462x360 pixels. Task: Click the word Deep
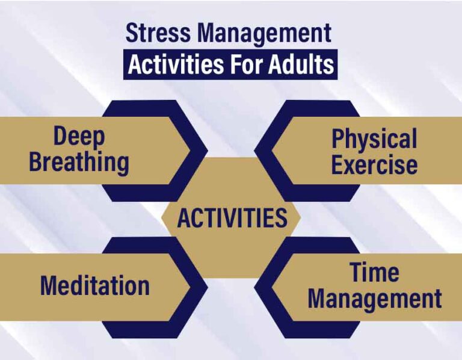pyautogui.click(x=79, y=137)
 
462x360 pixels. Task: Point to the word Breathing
pyautogui.click(x=79, y=163)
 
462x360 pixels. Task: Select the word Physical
pyautogui.click(x=374, y=139)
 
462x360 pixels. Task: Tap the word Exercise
pyautogui.click(x=374, y=164)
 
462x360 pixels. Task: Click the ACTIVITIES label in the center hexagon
pyautogui.click(x=232, y=218)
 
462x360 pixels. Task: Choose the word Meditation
pyautogui.click(x=94, y=285)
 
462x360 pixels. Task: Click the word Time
pyautogui.click(x=374, y=272)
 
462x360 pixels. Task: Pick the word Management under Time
pyautogui.click(x=374, y=299)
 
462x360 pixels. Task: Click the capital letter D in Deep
pyautogui.click(x=60, y=137)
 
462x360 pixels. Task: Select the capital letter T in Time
pyautogui.click(x=355, y=272)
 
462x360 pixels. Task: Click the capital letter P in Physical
pyautogui.click(x=338, y=139)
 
